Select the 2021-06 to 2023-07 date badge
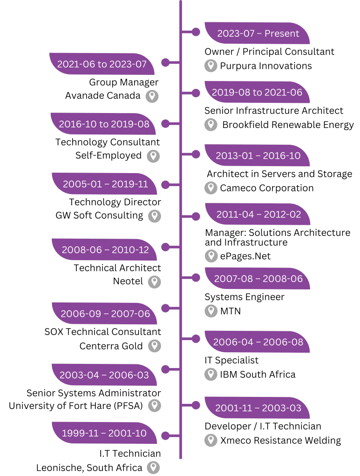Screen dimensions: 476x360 [102, 64]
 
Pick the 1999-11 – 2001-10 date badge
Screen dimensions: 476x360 [104, 433]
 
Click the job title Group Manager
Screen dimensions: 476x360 [124, 82]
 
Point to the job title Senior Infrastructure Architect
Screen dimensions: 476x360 [274, 111]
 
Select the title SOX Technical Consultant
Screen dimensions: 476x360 [102, 332]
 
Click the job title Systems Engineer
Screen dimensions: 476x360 [244, 297]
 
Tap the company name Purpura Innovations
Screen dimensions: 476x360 [265, 66]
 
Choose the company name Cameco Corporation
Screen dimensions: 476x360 [266, 188]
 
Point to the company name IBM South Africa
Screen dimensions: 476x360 [258, 374]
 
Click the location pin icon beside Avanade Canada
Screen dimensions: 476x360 [152, 96]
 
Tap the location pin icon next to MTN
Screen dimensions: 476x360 [211, 311]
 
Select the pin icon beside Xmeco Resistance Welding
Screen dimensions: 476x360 [211, 440]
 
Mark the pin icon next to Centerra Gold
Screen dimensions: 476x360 [154, 346]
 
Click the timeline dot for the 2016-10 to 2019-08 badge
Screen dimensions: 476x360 [165, 124]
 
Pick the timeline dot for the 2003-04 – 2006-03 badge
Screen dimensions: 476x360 [165, 369]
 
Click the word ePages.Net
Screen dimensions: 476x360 [245, 256]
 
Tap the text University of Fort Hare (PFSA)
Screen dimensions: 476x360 [76, 405]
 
